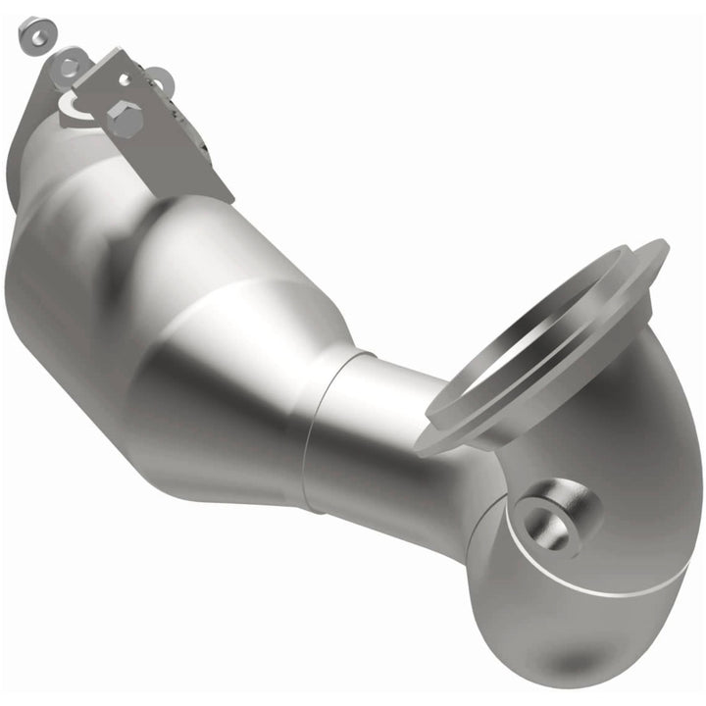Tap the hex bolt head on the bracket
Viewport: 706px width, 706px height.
pos(125,119)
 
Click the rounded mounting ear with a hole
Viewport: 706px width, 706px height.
pos(67,67)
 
